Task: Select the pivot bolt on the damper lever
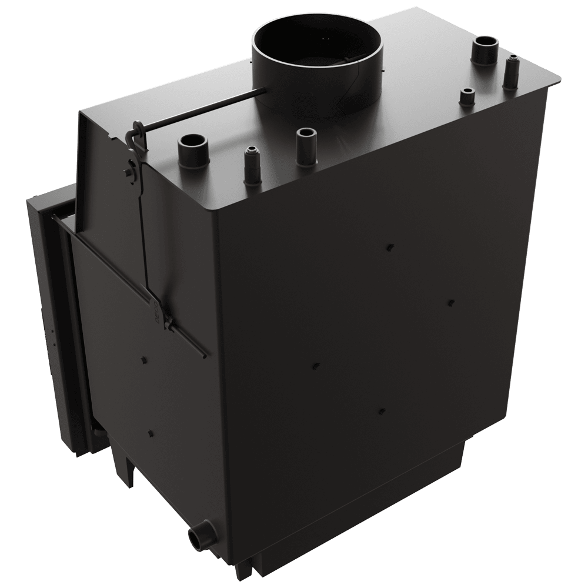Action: click(x=129, y=172)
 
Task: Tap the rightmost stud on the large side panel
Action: click(x=450, y=302)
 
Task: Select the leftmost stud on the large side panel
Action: click(x=314, y=366)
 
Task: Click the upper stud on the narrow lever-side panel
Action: click(x=143, y=358)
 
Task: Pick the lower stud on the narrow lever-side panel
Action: click(x=151, y=433)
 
